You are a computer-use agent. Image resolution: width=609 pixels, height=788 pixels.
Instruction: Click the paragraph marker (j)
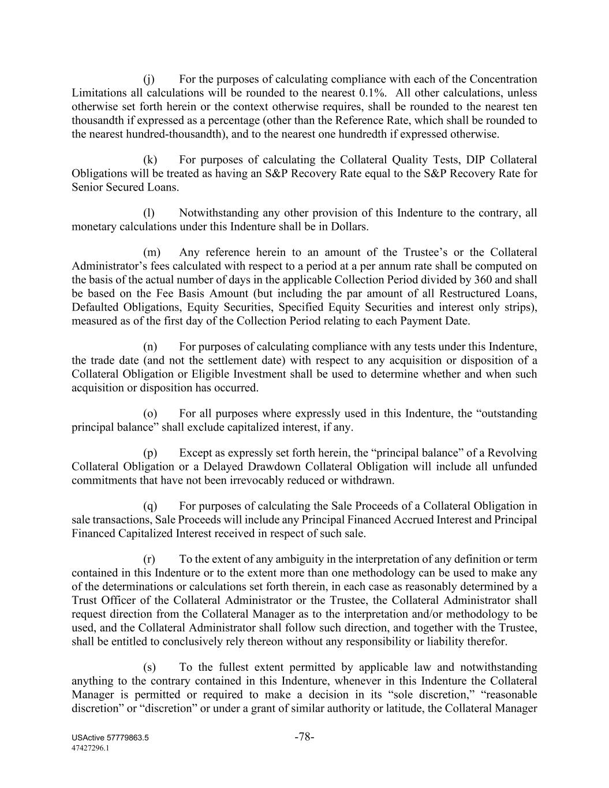point(149,79)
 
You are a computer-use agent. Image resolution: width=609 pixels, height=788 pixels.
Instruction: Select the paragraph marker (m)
point(151,252)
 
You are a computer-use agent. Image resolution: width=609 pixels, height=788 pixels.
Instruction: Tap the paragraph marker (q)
point(150,506)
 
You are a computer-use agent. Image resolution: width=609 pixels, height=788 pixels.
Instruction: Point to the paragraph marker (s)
point(149,667)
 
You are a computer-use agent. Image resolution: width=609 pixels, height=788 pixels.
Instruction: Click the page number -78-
point(304,737)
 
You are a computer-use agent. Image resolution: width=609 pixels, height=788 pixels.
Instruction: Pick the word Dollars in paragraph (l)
point(349,227)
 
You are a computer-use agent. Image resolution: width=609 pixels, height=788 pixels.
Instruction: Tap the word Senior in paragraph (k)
point(89,188)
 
